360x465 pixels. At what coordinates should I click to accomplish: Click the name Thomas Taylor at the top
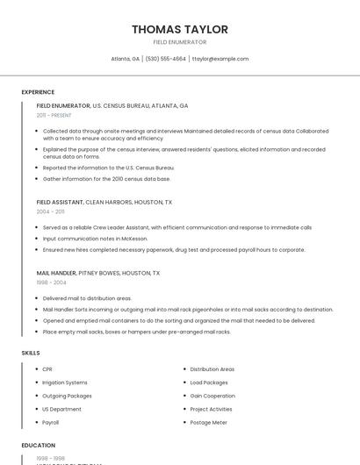click(x=180, y=29)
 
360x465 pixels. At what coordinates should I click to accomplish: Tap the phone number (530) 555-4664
click(x=166, y=59)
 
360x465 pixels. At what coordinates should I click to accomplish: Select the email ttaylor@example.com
click(x=220, y=59)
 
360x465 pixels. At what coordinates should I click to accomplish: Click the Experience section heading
click(x=38, y=92)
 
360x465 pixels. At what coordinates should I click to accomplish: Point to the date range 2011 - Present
click(x=54, y=115)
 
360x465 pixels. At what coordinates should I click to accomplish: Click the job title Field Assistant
click(x=60, y=202)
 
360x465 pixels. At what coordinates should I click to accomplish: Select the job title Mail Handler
click(x=56, y=273)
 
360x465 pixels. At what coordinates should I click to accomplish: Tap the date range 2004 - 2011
click(x=50, y=211)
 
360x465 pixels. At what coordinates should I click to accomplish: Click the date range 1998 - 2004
click(x=50, y=283)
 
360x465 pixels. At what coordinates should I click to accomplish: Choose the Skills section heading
click(x=31, y=353)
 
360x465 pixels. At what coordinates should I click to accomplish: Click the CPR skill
click(x=47, y=369)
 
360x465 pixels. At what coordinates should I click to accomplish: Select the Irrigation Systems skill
click(x=65, y=383)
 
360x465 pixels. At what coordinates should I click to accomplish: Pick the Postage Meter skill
click(x=208, y=422)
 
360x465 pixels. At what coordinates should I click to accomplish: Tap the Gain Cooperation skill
click(x=212, y=396)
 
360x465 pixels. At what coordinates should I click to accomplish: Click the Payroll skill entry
click(x=51, y=422)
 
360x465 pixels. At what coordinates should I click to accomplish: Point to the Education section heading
click(x=39, y=445)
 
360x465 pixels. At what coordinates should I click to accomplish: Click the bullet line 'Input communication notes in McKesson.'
click(x=96, y=238)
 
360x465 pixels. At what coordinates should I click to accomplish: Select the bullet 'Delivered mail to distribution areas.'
click(x=87, y=298)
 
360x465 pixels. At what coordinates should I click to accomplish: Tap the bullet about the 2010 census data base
click(x=106, y=178)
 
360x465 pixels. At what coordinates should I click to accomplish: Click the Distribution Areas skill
click(x=212, y=369)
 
